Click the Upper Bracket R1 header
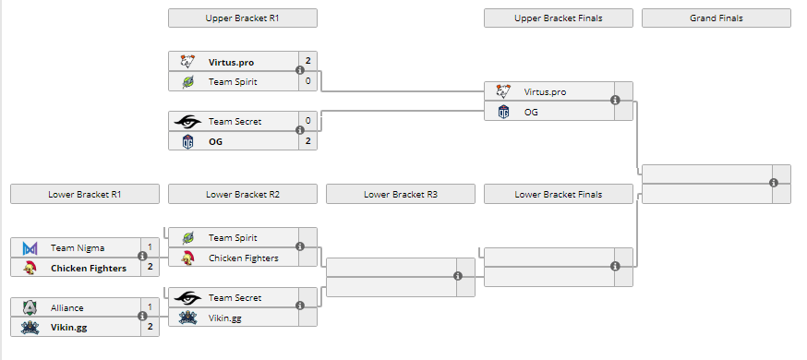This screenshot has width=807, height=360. pos(242,18)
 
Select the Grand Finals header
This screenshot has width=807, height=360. pos(716,18)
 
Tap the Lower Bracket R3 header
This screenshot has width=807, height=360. pos(400,195)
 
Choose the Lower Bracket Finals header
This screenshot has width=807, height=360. pos(558,195)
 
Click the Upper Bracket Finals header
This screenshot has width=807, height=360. pos(558,18)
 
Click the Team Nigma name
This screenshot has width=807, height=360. pos(78,247)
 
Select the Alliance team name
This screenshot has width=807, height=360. pos(67,307)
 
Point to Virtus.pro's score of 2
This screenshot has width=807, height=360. pos(307,62)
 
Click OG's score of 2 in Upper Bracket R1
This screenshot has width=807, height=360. pos(307,141)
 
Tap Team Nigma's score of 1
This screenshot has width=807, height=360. pos(150,247)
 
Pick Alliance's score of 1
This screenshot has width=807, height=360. pos(150,307)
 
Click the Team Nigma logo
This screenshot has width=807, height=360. pos(30,247)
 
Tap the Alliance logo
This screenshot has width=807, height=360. pos(30,307)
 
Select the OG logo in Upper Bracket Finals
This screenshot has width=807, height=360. pos(503,112)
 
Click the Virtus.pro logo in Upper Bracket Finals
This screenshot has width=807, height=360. pos(503,91)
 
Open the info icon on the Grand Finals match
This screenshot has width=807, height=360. pos(774,183)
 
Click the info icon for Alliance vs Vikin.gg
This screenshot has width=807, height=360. pos(142,317)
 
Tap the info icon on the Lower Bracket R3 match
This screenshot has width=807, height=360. pos(458,276)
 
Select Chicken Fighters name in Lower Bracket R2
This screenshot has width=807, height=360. pos(243,258)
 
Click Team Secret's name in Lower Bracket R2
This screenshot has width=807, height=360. pos(235,297)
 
